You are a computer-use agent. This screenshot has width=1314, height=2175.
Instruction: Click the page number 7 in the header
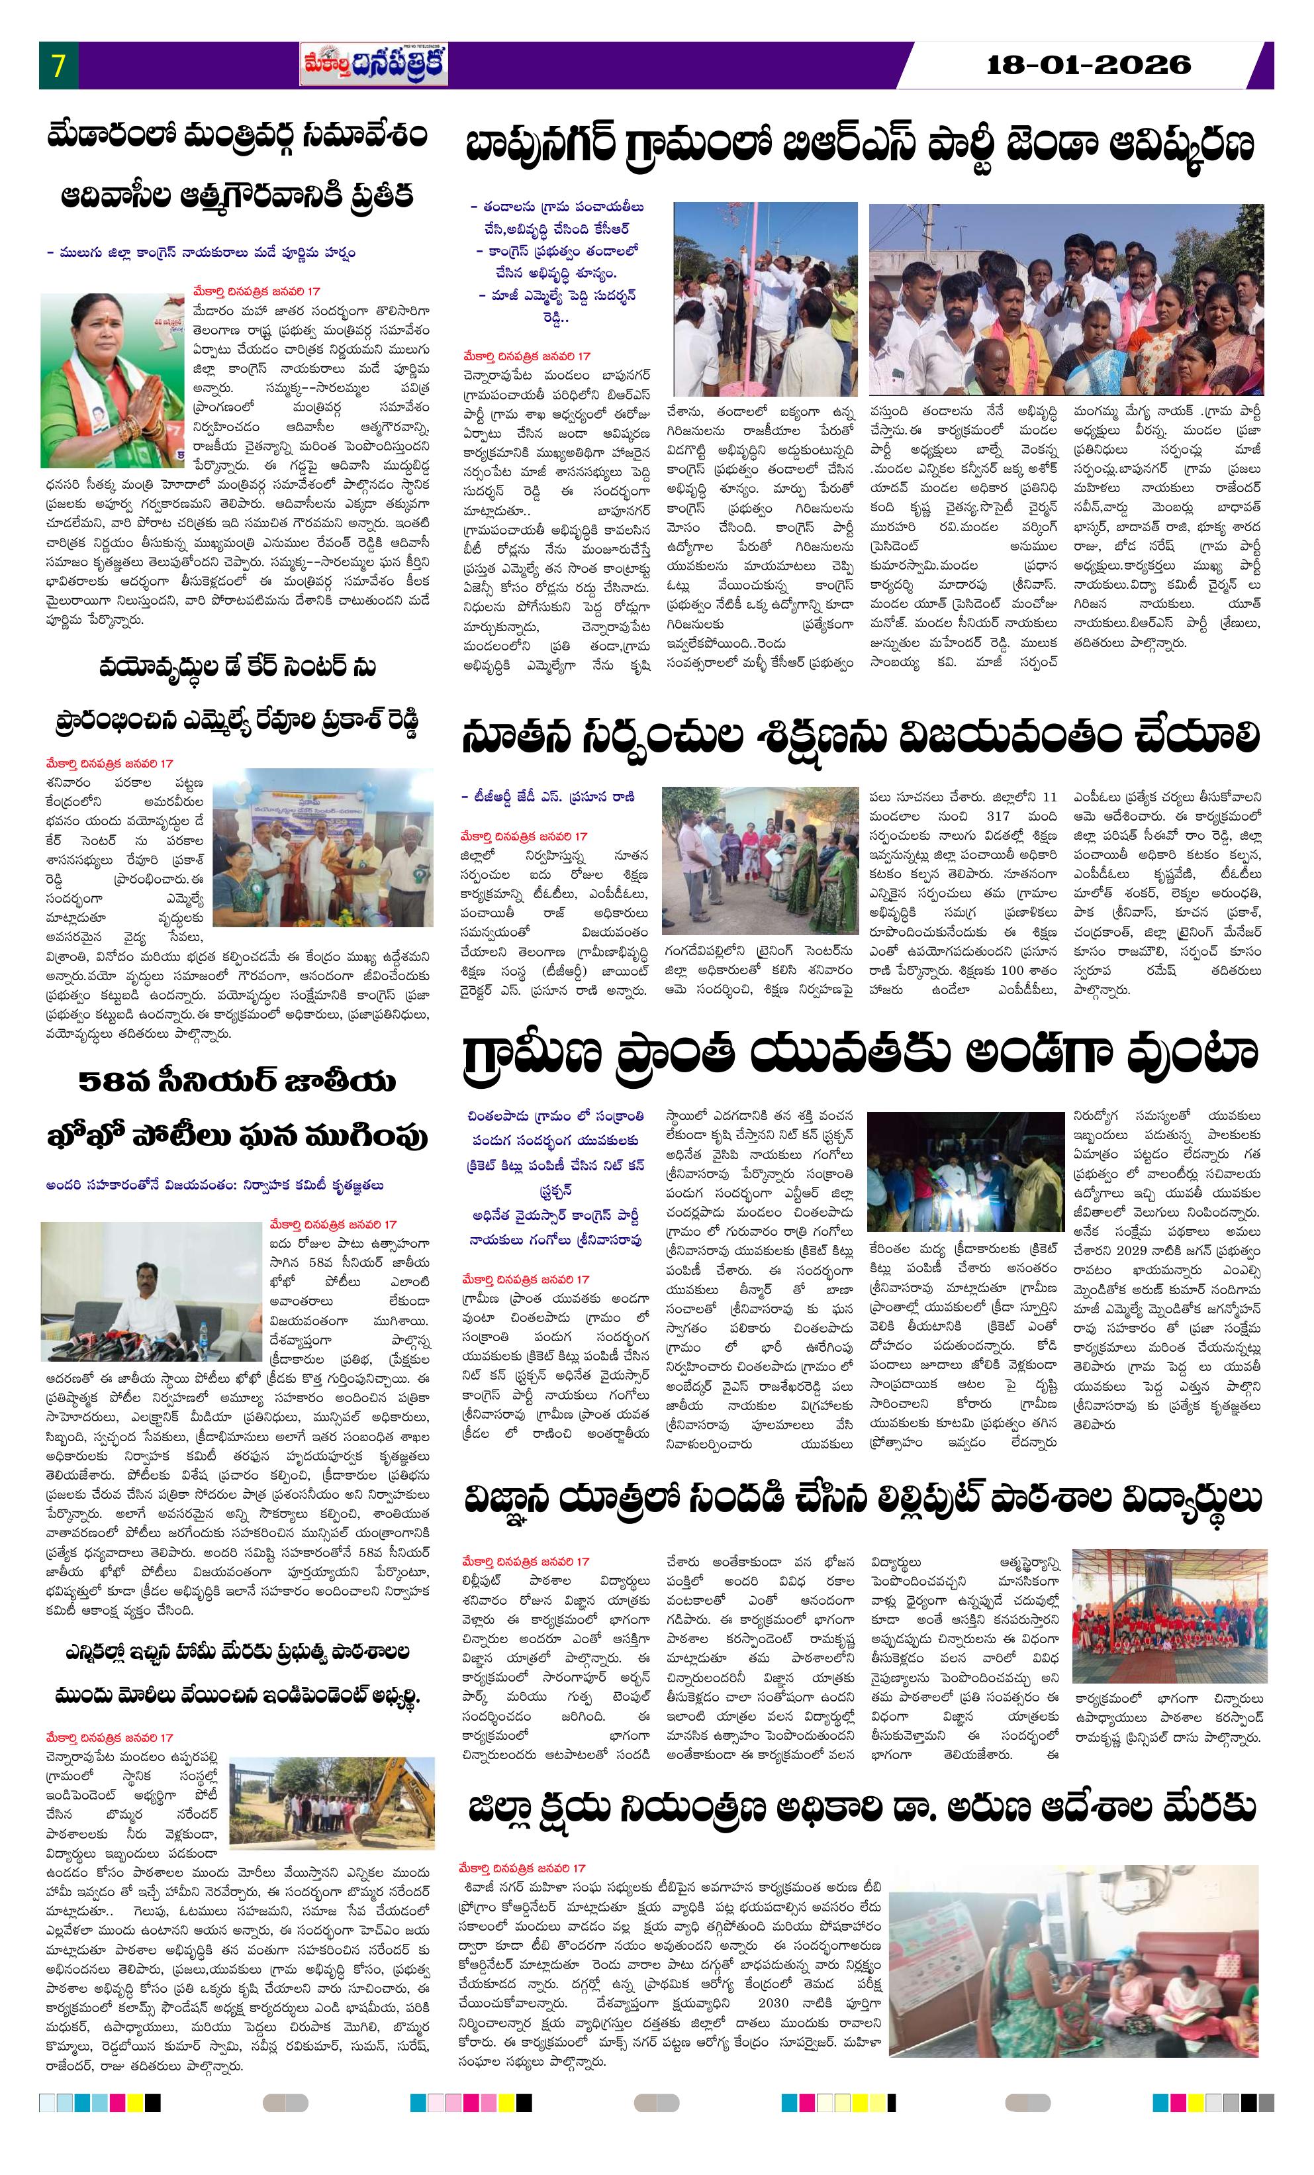(58, 66)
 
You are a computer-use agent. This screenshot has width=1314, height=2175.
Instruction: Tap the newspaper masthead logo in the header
(373, 66)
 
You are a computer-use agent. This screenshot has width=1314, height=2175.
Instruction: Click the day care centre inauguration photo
(323, 846)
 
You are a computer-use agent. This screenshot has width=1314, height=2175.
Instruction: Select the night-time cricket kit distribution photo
(964, 1172)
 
